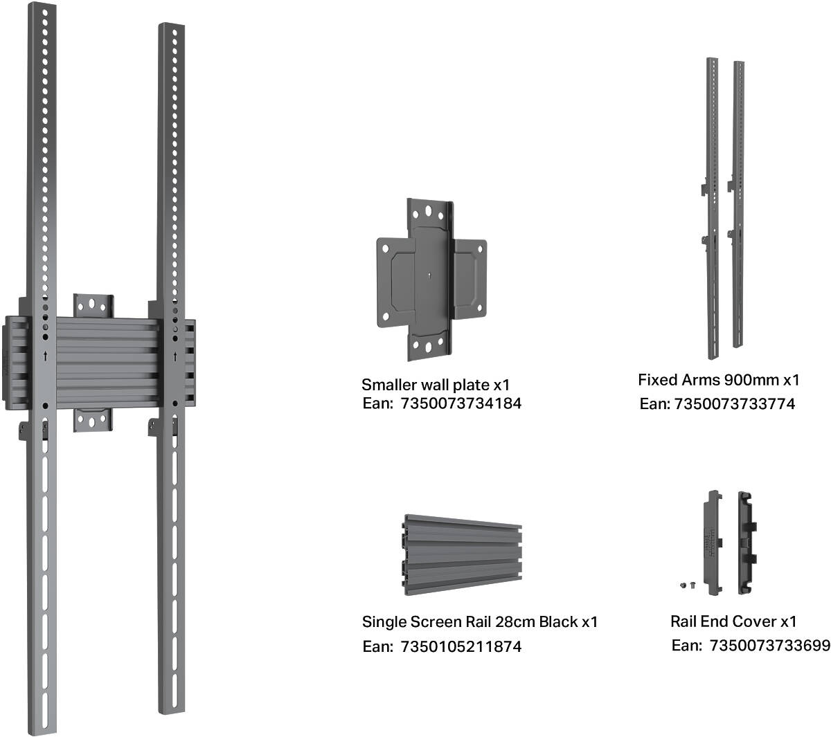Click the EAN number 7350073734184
(461, 403)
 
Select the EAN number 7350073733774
(734, 403)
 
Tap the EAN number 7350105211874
(461, 646)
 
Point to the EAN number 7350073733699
(769, 646)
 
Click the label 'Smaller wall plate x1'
(436, 385)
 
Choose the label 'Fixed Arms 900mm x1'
(718, 380)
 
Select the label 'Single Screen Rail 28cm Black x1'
(479, 621)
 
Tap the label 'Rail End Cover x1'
(733, 621)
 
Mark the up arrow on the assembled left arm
(45, 356)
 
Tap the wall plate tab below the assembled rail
(93, 420)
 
